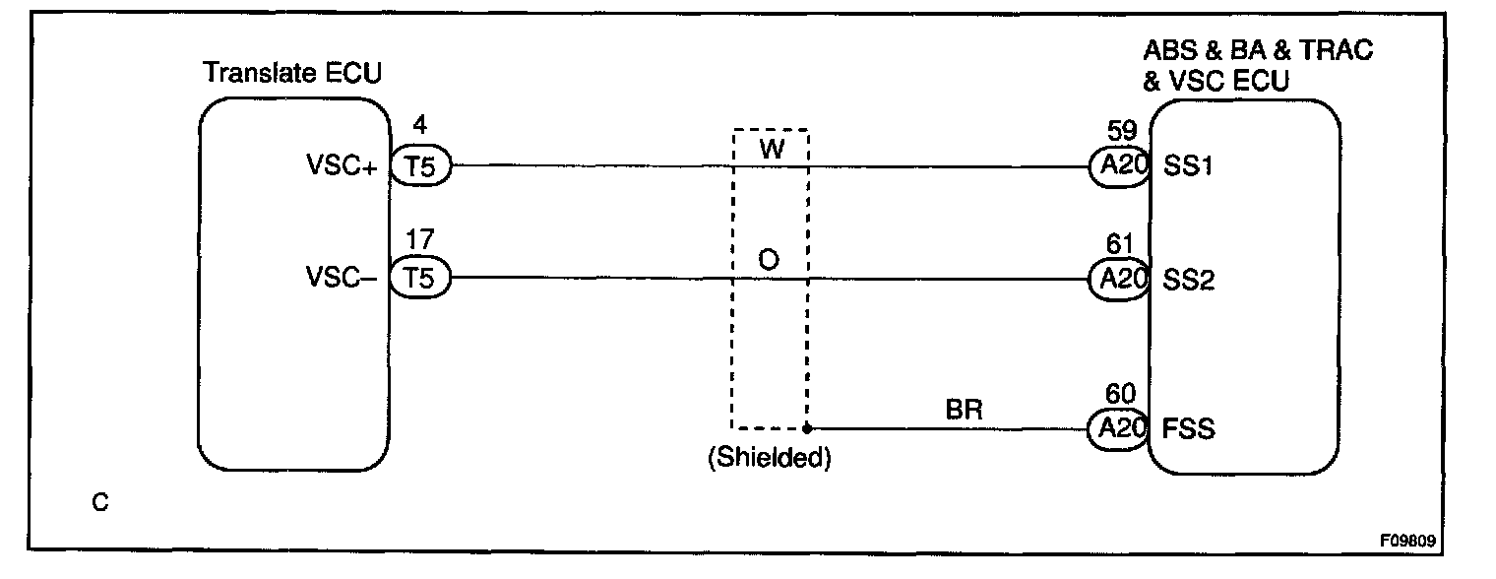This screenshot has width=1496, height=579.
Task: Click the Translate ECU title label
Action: [x=291, y=74]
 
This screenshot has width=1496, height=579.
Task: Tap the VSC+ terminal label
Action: [x=343, y=167]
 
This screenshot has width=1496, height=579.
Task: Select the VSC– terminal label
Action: [x=343, y=280]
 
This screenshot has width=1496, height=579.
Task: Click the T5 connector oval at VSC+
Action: [x=420, y=167]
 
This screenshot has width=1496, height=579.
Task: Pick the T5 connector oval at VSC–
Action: [x=420, y=280]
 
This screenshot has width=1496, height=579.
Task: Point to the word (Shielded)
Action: [x=769, y=459]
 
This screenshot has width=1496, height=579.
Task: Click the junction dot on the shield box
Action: [x=807, y=428]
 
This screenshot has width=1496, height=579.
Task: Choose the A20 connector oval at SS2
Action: [x=1120, y=280]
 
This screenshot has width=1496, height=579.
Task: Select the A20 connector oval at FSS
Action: [x=1120, y=429]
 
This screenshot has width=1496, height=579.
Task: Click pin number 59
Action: [x=1119, y=128]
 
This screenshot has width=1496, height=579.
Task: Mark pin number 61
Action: [x=1119, y=242]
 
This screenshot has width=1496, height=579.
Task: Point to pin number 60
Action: [x=1119, y=394]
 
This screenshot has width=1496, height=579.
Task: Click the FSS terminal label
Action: [x=1189, y=430]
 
